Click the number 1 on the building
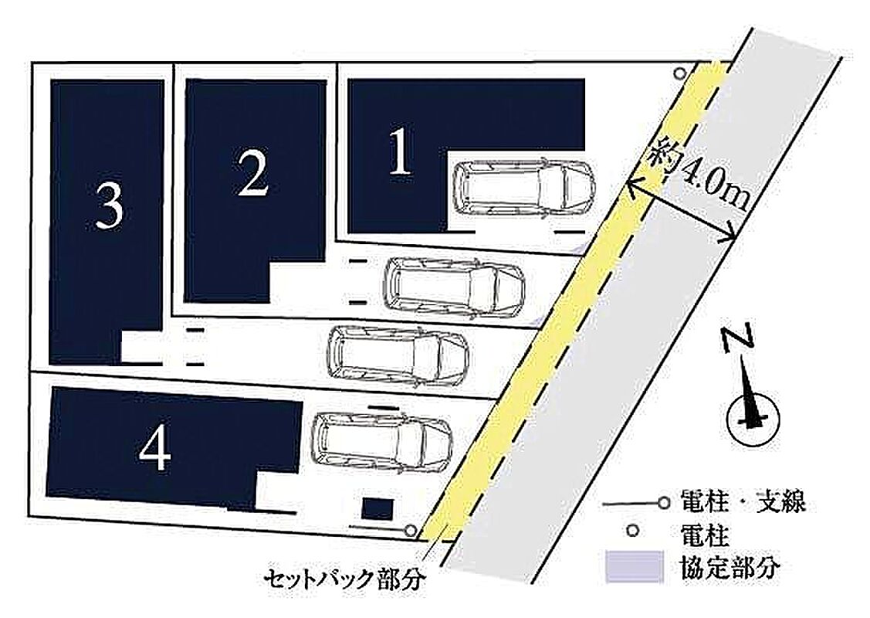click(x=401, y=151)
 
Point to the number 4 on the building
click(x=155, y=450)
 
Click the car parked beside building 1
click(x=523, y=187)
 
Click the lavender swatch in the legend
click(x=635, y=566)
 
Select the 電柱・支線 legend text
click(x=743, y=503)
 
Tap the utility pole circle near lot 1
click(x=679, y=73)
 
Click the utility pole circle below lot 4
click(x=410, y=530)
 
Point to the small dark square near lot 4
click(x=377, y=509)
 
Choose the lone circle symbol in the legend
click(x=631, y=531)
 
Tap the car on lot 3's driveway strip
click(x=398, y=356)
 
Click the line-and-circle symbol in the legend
click(x=636, y=504)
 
